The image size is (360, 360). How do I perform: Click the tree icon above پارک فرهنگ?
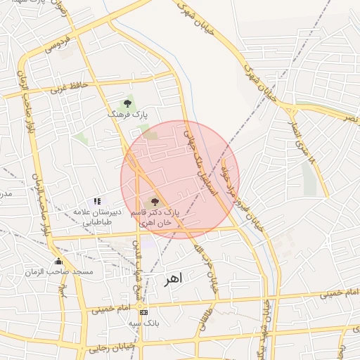coord(127,103)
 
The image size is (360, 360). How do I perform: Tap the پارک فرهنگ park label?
coord(127,113)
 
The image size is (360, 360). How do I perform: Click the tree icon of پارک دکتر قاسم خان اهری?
coord(155,202)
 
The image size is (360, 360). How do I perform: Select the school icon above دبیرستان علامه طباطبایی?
coord(97,202)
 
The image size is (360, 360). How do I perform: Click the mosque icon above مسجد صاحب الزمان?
coord(58,262)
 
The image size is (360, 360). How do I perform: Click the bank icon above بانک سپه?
coord(144,312)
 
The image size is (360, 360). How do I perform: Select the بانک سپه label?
coord(144,323)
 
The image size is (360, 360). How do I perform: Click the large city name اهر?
coord(172,279)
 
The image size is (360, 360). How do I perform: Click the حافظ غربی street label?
coord(69,88)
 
